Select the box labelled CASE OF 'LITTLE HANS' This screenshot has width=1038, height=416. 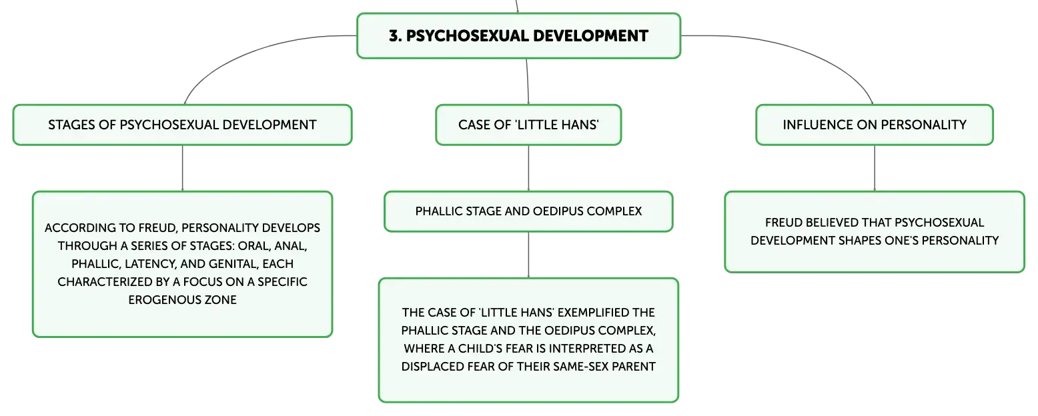point(528,125)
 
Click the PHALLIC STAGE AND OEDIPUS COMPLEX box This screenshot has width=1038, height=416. point(528,211)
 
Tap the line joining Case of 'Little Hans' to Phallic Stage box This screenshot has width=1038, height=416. point(528,168)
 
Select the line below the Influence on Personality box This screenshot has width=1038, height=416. point(875,168)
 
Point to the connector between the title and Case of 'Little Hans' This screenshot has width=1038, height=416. point(528,81)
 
